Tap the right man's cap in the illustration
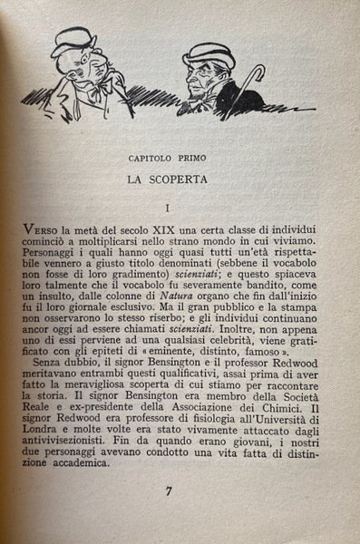(x=207, y=56)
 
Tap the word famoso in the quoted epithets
(x=273, y=357)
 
